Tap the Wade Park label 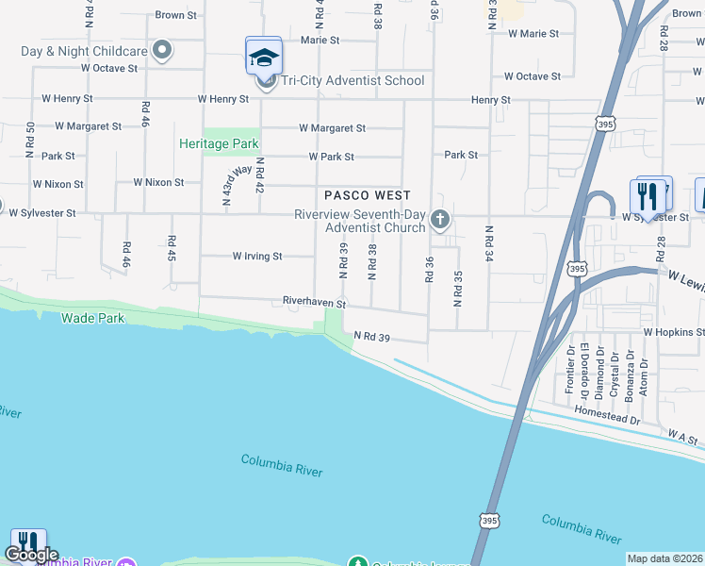pos(93,318)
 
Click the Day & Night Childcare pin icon pos(162,50)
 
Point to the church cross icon pos(439,221)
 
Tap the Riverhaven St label pos(315,303)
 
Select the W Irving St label pos(257,256)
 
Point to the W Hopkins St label pos(674,332)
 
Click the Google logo pos(30,556)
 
